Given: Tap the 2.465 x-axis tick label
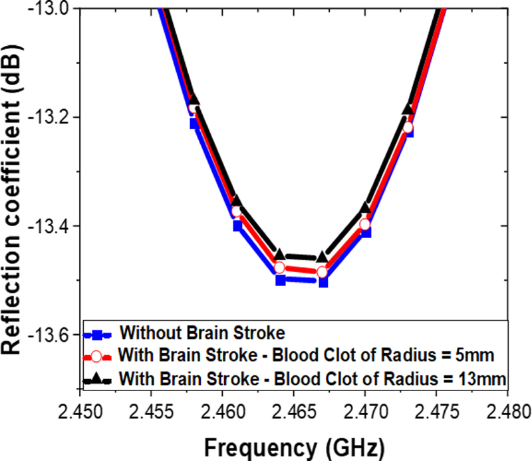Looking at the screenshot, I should (x=294, y=406).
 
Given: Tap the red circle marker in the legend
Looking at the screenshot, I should (x=96, y=356).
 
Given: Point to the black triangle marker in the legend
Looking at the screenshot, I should (x=96, y=378).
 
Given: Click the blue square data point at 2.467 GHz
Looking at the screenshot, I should (x=323, y=281).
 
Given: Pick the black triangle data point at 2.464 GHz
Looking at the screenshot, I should (x=280, y=255).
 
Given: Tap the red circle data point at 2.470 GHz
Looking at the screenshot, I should (x=365, y=224).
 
